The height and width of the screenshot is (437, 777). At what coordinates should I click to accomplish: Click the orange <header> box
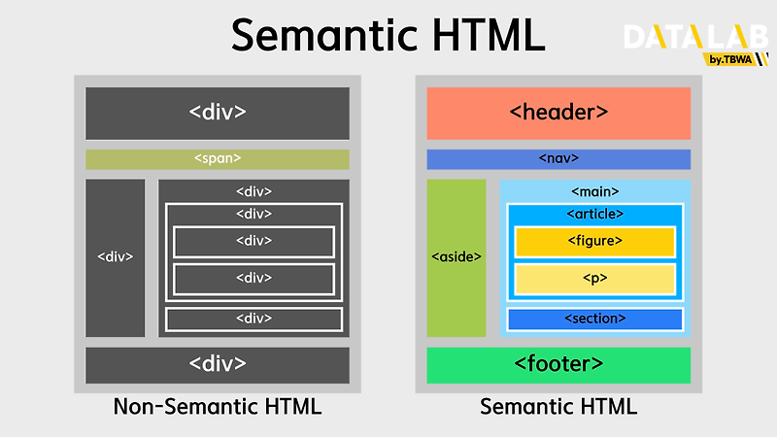pos(558,113)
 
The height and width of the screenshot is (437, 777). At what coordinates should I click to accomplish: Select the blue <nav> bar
pos(558,159)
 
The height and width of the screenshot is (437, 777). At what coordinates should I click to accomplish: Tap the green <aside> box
pos(456,257)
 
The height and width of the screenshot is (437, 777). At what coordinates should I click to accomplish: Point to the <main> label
pos(595,191)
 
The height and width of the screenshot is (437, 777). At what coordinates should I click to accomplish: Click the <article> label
pos(594,214)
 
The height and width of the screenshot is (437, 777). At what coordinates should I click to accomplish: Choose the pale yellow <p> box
pos(594,279)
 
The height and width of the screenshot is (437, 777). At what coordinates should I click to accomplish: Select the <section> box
pos(594,319)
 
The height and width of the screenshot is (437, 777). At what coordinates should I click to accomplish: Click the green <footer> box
pos(558,365)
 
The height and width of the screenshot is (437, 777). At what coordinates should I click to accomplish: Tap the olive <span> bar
pos(218,159)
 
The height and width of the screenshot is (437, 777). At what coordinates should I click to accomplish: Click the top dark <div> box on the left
pos(218,113)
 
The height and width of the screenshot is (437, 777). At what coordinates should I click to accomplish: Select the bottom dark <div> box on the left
pos(218,365)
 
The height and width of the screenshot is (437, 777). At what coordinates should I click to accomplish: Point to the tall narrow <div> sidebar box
pos(116,257)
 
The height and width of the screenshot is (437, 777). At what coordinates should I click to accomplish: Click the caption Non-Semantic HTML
pos(218,407)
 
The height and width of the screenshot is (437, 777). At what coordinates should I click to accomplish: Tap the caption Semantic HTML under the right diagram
pos(558,407)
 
